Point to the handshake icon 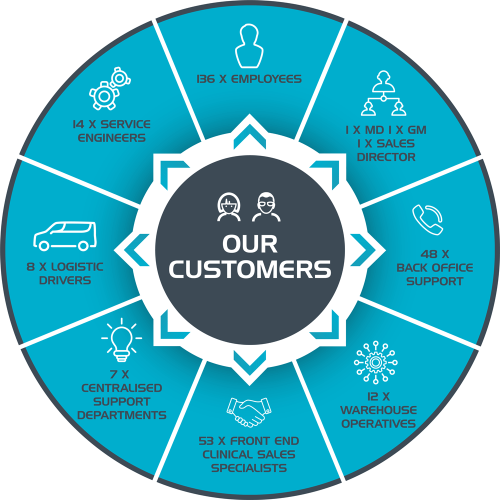pyautogui.click(x=247, y=411)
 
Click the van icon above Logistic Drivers pyautogui.click(x=64, y=235)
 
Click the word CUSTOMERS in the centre pyautogui.click(x=250, y=268)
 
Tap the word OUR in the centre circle pyautogui.click(x=250, y=243)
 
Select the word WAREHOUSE pyautogui.click(x=378, y=410)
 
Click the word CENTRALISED pyautogui.click(x=121, y=388)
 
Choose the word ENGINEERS pyautogui.click(x=111, y=137)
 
